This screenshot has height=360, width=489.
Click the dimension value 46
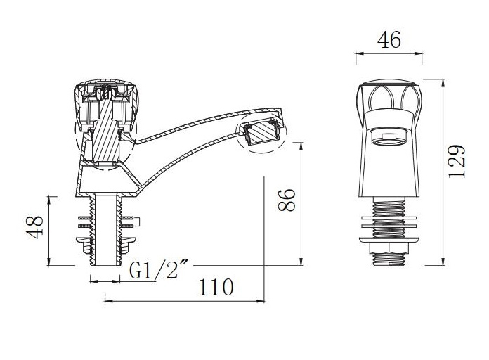coord(389,41)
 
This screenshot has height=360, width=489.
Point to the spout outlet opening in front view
coord(389,135)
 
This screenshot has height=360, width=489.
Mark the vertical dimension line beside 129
coord(443,172)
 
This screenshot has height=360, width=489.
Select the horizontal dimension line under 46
coord(389,53)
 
